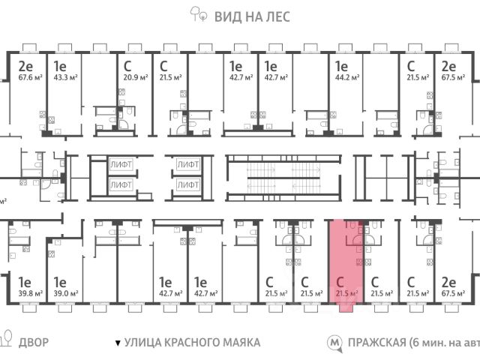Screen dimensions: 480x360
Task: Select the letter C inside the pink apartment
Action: click(340, 282)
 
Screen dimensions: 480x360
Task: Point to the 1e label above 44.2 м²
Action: click(341, 65)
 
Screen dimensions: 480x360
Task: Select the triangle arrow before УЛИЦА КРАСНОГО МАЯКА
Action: click(117, 343)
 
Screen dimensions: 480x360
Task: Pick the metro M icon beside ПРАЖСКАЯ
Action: click(334, 343)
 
